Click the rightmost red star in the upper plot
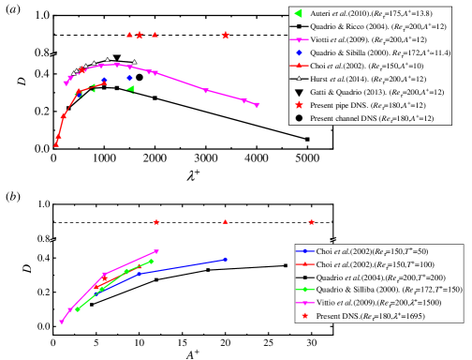(x=226, y=36)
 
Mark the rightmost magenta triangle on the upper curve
(x=257, y=104)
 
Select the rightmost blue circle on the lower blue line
(x=226, y=260)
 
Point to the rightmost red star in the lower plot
(x=311, y=222)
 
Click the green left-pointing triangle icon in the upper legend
(x=298, y=13)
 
